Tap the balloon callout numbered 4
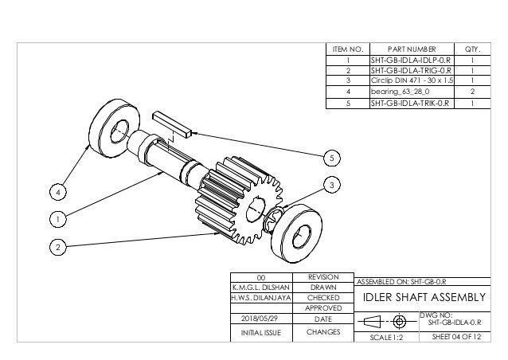56,191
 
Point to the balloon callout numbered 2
56,248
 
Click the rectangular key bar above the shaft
171,122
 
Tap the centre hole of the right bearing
303,234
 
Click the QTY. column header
473,49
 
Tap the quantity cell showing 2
473,92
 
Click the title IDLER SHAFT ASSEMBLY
423,298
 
